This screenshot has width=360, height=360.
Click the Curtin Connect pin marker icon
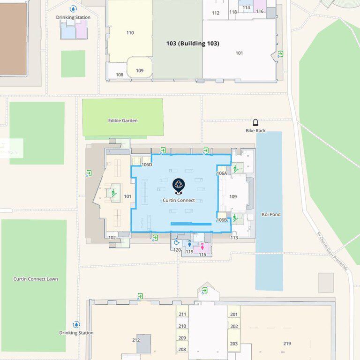click(178, 186)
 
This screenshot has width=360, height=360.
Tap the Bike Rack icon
click(255, 122)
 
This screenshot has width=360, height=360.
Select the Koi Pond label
click(270, 215)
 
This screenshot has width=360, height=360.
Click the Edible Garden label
click(123, 120)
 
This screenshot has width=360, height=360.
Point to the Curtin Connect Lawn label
click(36, 279)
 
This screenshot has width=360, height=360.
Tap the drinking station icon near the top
click(73, 9)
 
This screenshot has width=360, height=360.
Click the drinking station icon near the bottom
click(76, 324)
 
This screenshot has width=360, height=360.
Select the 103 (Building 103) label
click(193, 44)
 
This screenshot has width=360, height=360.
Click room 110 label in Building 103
click(130, 33)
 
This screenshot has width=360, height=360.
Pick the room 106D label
click(147, 165)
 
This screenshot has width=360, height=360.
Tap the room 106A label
click(222, 173)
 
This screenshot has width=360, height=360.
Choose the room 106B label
click(222, 220)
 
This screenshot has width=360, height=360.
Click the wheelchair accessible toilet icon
click(177, 242)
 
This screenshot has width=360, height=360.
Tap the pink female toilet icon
click(202, 246)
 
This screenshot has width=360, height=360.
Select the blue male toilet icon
click(190, 244)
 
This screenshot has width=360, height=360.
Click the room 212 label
click(136, 340)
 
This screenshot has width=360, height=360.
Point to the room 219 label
click(287, 344)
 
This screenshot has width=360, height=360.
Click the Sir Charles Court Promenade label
click(332, 251)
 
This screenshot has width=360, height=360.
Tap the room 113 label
click(234, 238)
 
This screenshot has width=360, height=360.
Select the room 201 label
click(234, 315)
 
